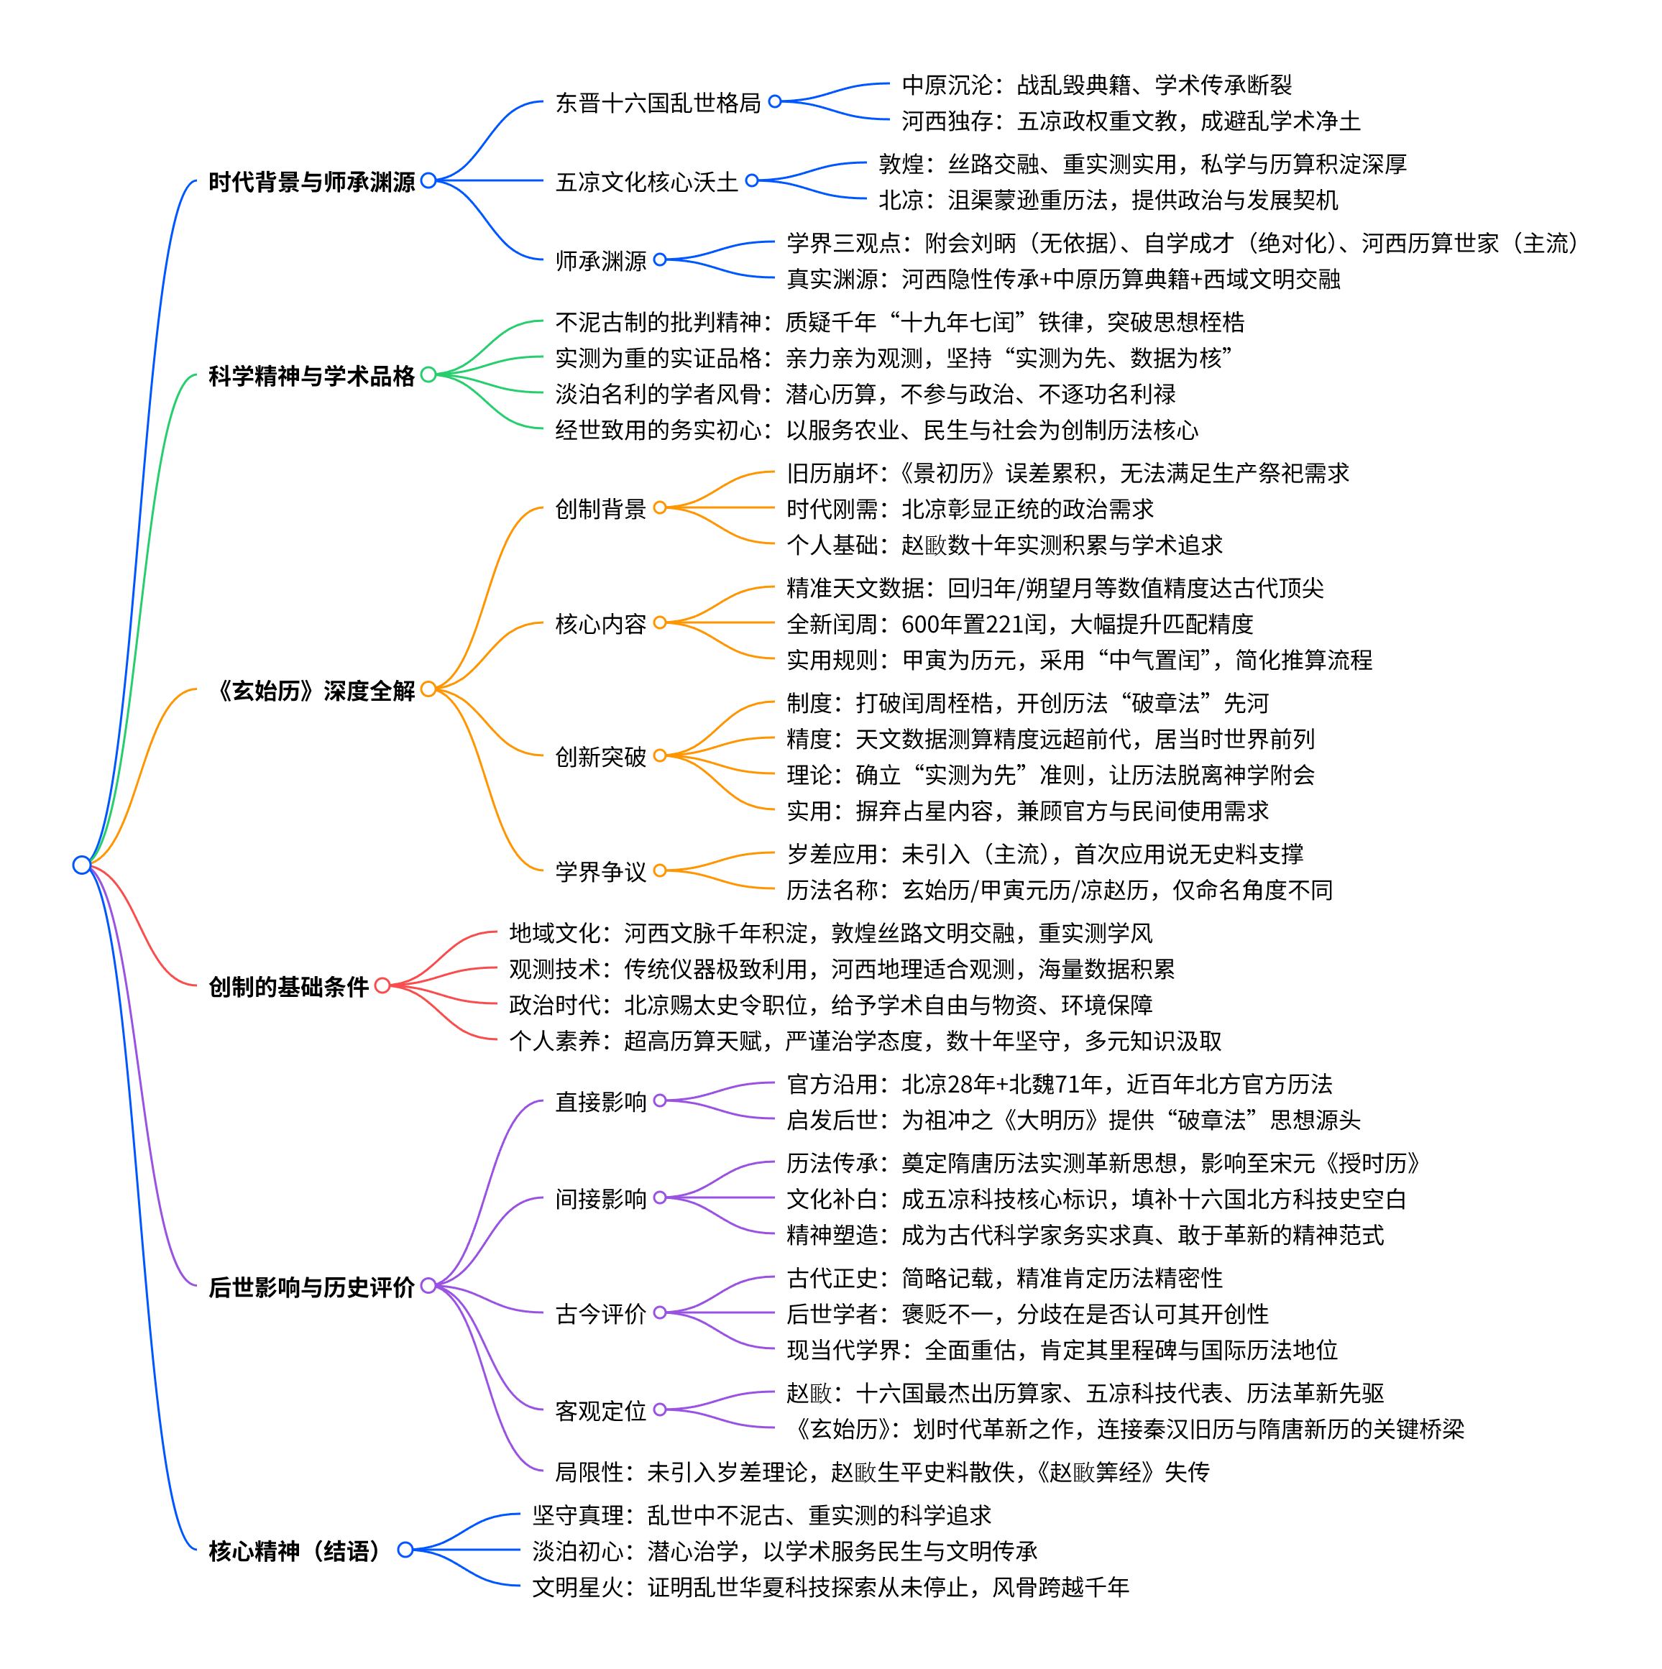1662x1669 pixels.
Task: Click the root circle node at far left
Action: (x=82, y=865)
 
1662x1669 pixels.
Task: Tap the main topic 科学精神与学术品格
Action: (x=311, y=376)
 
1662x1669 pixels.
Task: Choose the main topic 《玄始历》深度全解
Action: (x=316, y=690)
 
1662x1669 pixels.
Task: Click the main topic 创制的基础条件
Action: (x=288, y=987)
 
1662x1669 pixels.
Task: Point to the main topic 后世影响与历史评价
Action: (x=311, y=1287)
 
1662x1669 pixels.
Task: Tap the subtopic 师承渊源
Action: (x=600, y=261)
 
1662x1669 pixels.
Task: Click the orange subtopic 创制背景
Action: (x=600, y=509)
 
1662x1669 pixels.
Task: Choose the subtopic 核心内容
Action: (x=600, y=624)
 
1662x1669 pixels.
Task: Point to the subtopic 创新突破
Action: (x=600, y=757)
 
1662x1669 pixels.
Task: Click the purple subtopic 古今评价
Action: (x=600, y=1314)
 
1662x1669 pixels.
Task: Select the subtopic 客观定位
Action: (x=600, y=1411)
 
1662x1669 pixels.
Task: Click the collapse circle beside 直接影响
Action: (x=660, y=1100)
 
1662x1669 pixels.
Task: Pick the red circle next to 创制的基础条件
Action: (x=382, y=985)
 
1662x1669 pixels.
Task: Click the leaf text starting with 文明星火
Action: (x=830, y=1587)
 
